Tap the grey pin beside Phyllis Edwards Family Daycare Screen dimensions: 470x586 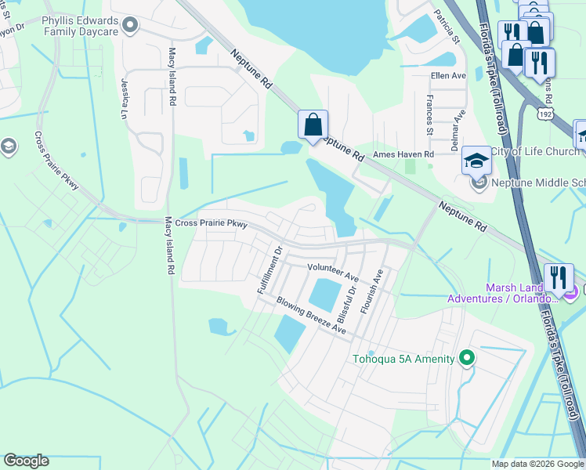tap(132, 26)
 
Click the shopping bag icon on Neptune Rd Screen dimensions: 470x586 tap(313, 125)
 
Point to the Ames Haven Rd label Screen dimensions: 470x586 tap(403, 156)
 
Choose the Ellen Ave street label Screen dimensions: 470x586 tap(448, 76)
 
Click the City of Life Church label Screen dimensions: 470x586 tap(535, 151)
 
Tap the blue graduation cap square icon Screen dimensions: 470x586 tap(476, 160)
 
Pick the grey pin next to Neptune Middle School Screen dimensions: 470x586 tap(479, 184)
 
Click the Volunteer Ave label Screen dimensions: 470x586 tap(332, 273)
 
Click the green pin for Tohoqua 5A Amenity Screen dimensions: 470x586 tap(467, 359)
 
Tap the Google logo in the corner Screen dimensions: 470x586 tap(26, 461)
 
